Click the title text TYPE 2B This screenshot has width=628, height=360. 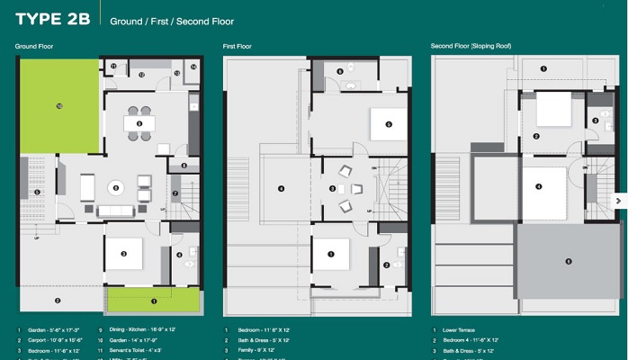tap(52, 19)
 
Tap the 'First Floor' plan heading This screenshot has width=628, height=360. tap(237, 46)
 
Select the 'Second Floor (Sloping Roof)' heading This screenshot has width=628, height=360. tap(474, 46)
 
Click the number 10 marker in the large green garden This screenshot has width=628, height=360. tap(58, 105)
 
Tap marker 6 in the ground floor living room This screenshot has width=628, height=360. tap(115, 187)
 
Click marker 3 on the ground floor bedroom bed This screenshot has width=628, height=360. tap(124, 254)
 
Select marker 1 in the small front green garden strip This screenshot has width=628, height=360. tap(154, 301)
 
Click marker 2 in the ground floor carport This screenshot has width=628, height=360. tap(58, 300)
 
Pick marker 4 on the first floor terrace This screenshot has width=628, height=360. tap(282, 188)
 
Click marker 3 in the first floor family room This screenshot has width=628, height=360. tap(333, 188)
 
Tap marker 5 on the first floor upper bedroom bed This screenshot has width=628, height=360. tap(389, 124)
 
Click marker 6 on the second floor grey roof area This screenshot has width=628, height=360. tap(568, 261)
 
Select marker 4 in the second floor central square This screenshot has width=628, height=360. tap(539, 186)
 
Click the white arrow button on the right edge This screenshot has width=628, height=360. tap(619, 200)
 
